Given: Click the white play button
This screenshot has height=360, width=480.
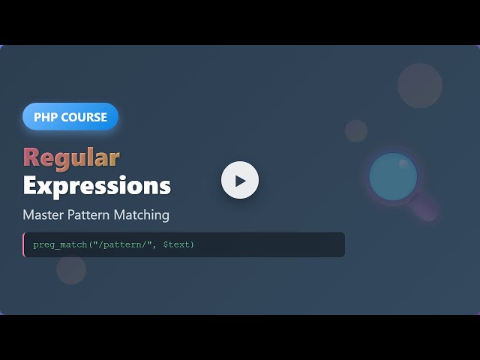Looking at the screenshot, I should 240,180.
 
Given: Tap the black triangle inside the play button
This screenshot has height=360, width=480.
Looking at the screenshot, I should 241,181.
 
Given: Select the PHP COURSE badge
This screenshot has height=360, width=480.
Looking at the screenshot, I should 70,117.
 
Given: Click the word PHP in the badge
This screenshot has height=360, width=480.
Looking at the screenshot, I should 46,117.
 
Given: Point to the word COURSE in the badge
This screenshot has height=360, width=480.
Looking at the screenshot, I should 83,117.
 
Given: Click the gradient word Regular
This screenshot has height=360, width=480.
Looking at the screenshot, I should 71,157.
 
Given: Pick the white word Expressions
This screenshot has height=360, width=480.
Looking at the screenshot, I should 97,185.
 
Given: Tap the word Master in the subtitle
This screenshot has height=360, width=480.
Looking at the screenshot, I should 44,215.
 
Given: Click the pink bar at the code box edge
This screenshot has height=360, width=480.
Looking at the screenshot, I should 24,244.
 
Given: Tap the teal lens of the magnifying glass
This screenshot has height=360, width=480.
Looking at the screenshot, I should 393,177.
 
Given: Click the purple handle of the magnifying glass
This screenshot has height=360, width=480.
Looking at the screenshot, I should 424,208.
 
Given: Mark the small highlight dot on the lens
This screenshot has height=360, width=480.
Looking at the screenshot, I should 403,163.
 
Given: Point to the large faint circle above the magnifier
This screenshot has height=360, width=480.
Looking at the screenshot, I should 420,85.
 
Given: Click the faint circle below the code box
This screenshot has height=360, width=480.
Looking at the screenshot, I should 71,270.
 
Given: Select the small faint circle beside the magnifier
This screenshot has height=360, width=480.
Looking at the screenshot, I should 356,130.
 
